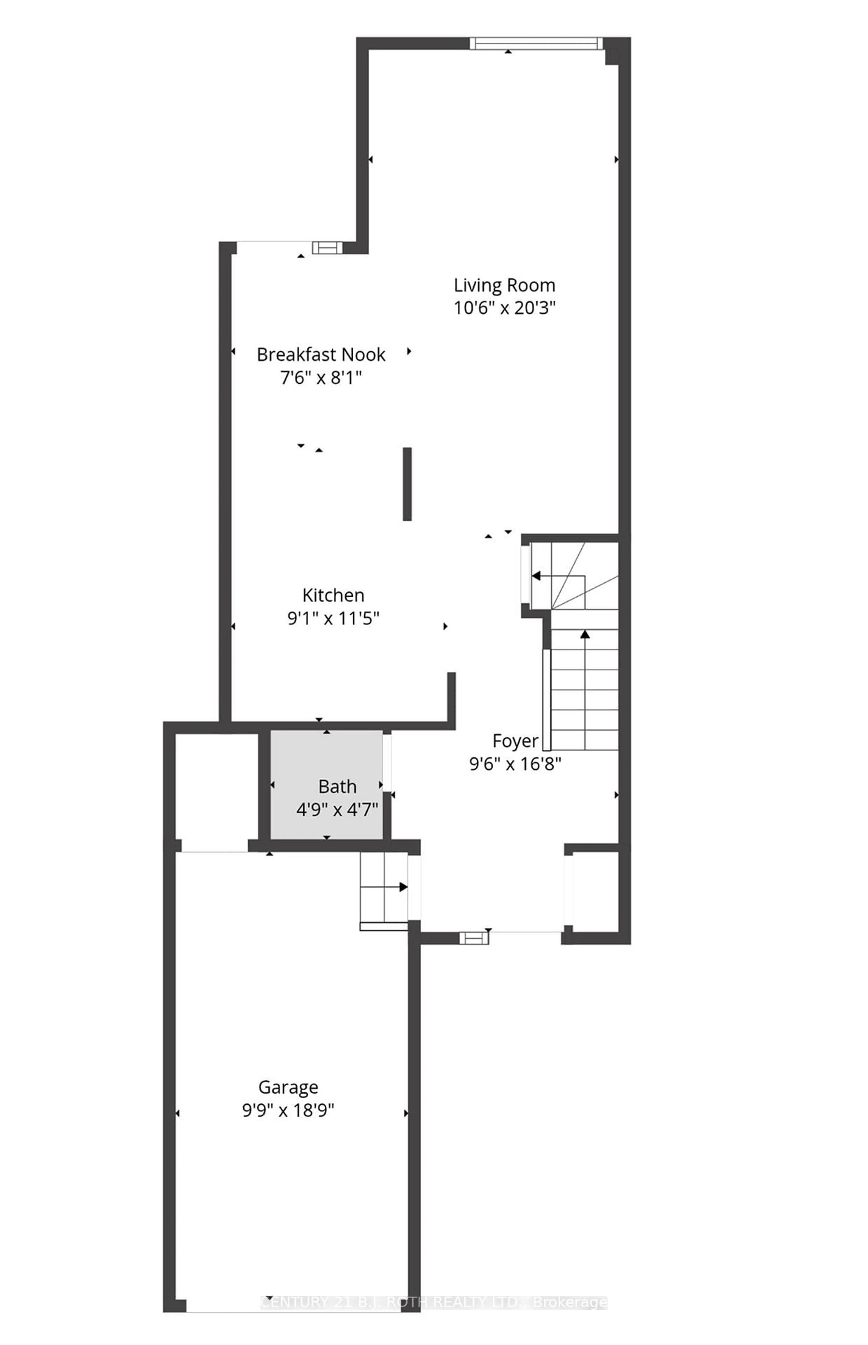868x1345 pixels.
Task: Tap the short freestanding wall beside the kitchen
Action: (407, 484)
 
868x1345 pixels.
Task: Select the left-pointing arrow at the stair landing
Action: (537, 576)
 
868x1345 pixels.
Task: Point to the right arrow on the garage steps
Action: (403, 886)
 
